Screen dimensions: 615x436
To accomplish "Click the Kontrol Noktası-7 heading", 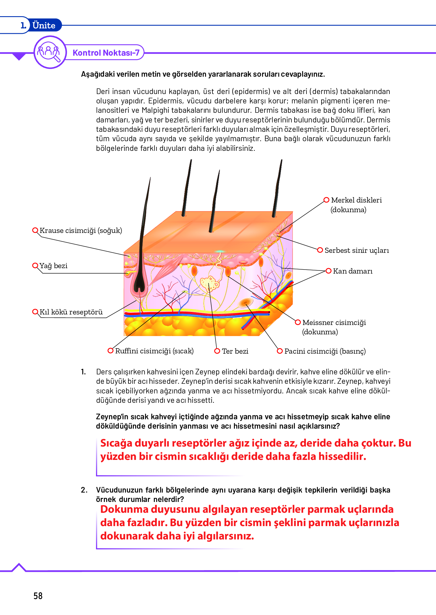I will (x=106, y=53).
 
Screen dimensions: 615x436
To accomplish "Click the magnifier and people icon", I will (x=50, y=52).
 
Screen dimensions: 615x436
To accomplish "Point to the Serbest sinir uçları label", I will (x=357, y=251).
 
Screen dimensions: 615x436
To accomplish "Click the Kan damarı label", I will (x=352, y=271).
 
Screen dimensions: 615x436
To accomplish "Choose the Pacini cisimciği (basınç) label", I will (x=325, y=351).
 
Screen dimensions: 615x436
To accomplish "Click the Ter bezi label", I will (x=235, y=351).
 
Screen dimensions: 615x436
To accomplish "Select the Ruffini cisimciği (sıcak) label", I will (x=154, y=351).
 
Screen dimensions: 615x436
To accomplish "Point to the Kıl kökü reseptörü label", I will (x=71, y=312).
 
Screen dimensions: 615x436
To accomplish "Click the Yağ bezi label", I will (x=53, y=266).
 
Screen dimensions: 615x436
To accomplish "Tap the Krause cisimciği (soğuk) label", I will (x=81, y=230).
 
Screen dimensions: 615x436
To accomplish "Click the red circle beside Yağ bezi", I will (x=35, y=266).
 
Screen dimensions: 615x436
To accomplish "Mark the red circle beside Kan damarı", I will (x=329, y=271).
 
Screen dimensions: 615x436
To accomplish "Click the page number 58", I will (x=38, y=596).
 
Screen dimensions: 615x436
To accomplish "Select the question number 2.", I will (x=84, y=490).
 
